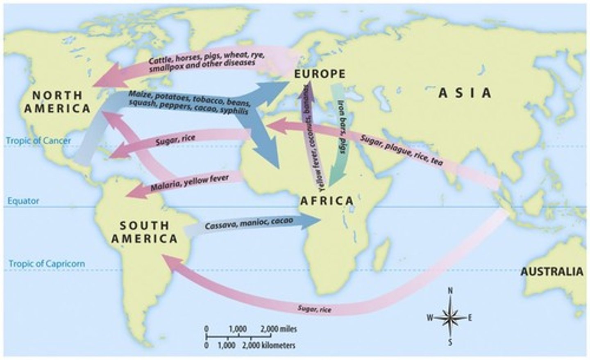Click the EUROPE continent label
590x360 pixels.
pyautogui.click(x=319, y=74)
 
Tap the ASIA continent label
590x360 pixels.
pyautogui.click(x=465, y=93)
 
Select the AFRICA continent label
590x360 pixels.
pyautogui.click(x=327, y=201)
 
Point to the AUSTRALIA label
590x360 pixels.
pyautogui.click(x=551, y=271)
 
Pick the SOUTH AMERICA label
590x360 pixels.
pyautogui.click(x=144, y=232)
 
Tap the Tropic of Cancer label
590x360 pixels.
pyautogui.click(x=38, y=141)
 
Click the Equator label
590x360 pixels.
pyautogui.click(x=24, y=201)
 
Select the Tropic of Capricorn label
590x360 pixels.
pyautogui.click(x=47, y=263)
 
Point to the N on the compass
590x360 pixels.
pyautogui.click(x=450, y=291)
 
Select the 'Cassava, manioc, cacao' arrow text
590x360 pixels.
pyautogui.click(x=249, y=223)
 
